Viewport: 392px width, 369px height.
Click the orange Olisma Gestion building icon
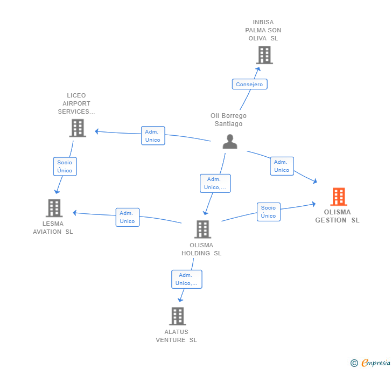pyautogui.click(x=338, y=197)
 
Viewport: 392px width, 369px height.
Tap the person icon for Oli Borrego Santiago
pyautogui.click(x=230, y=142)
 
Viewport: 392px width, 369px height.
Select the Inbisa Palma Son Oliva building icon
pyautogui.click(x=264, y=55)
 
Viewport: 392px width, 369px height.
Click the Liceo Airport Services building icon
pyautogui.click(x=78, y=128)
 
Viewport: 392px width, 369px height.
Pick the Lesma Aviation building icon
pyautogui.click(x=54, y=208)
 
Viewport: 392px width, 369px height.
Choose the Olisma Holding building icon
pyautogui.click(x=202, y=229)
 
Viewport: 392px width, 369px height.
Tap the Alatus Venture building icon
pyautogui.click(x=177, y=316)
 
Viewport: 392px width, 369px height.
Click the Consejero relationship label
pyautogui.click(x=249, y=85)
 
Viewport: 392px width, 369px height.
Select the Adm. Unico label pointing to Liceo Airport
pyautogui.click(x=152, y=136)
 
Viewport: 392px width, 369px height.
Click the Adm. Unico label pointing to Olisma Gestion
pyautogui.click(x=282, y=166)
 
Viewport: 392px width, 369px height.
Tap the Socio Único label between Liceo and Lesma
pyautogui.click(x=65, y=166)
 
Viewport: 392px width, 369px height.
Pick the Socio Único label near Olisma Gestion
pyautogui.click(x=268, y=212)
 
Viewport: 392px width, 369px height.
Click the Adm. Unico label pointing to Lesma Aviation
pyautogui.click(x=127, y=217)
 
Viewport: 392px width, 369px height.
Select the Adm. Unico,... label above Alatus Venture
pyautogui.click(x=186, y=279)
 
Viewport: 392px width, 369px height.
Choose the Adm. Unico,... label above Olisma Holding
pyautogui.click(x=215, y=183)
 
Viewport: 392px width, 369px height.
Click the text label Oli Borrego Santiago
pyautogui.click(x=228, y=120)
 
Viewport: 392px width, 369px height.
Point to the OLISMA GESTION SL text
pyautogui.click(x=337, y=216)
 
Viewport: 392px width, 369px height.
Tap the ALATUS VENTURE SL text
pyautogui.click(x=176, y=336)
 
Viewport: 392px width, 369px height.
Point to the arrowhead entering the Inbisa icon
pyautogui.click(x=258, y=68)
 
